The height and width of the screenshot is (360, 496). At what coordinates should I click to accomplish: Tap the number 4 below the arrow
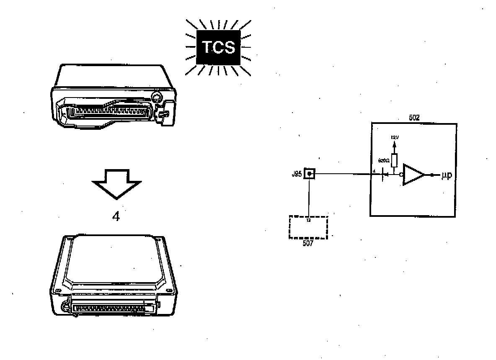116,217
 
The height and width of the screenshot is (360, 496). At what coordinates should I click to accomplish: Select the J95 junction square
309,174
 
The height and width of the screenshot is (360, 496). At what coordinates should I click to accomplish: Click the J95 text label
297,174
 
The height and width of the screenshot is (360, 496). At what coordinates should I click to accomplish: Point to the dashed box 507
308,227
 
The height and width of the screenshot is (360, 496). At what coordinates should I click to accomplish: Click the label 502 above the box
413,118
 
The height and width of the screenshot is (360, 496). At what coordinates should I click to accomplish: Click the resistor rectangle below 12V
394,159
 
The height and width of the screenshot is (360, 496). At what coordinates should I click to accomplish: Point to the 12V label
394,137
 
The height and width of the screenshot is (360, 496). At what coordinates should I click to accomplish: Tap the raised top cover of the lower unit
113,262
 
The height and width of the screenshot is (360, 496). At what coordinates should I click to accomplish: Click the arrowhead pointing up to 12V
394,143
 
